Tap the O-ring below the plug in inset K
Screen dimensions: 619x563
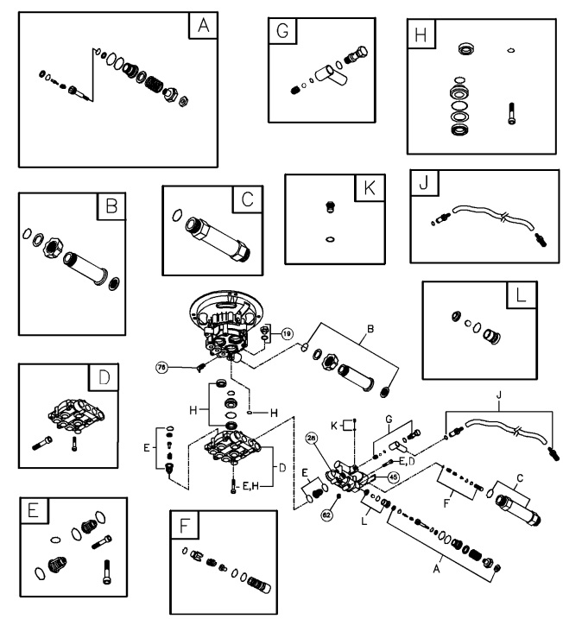pyautogui.click(x=329, y=238)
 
